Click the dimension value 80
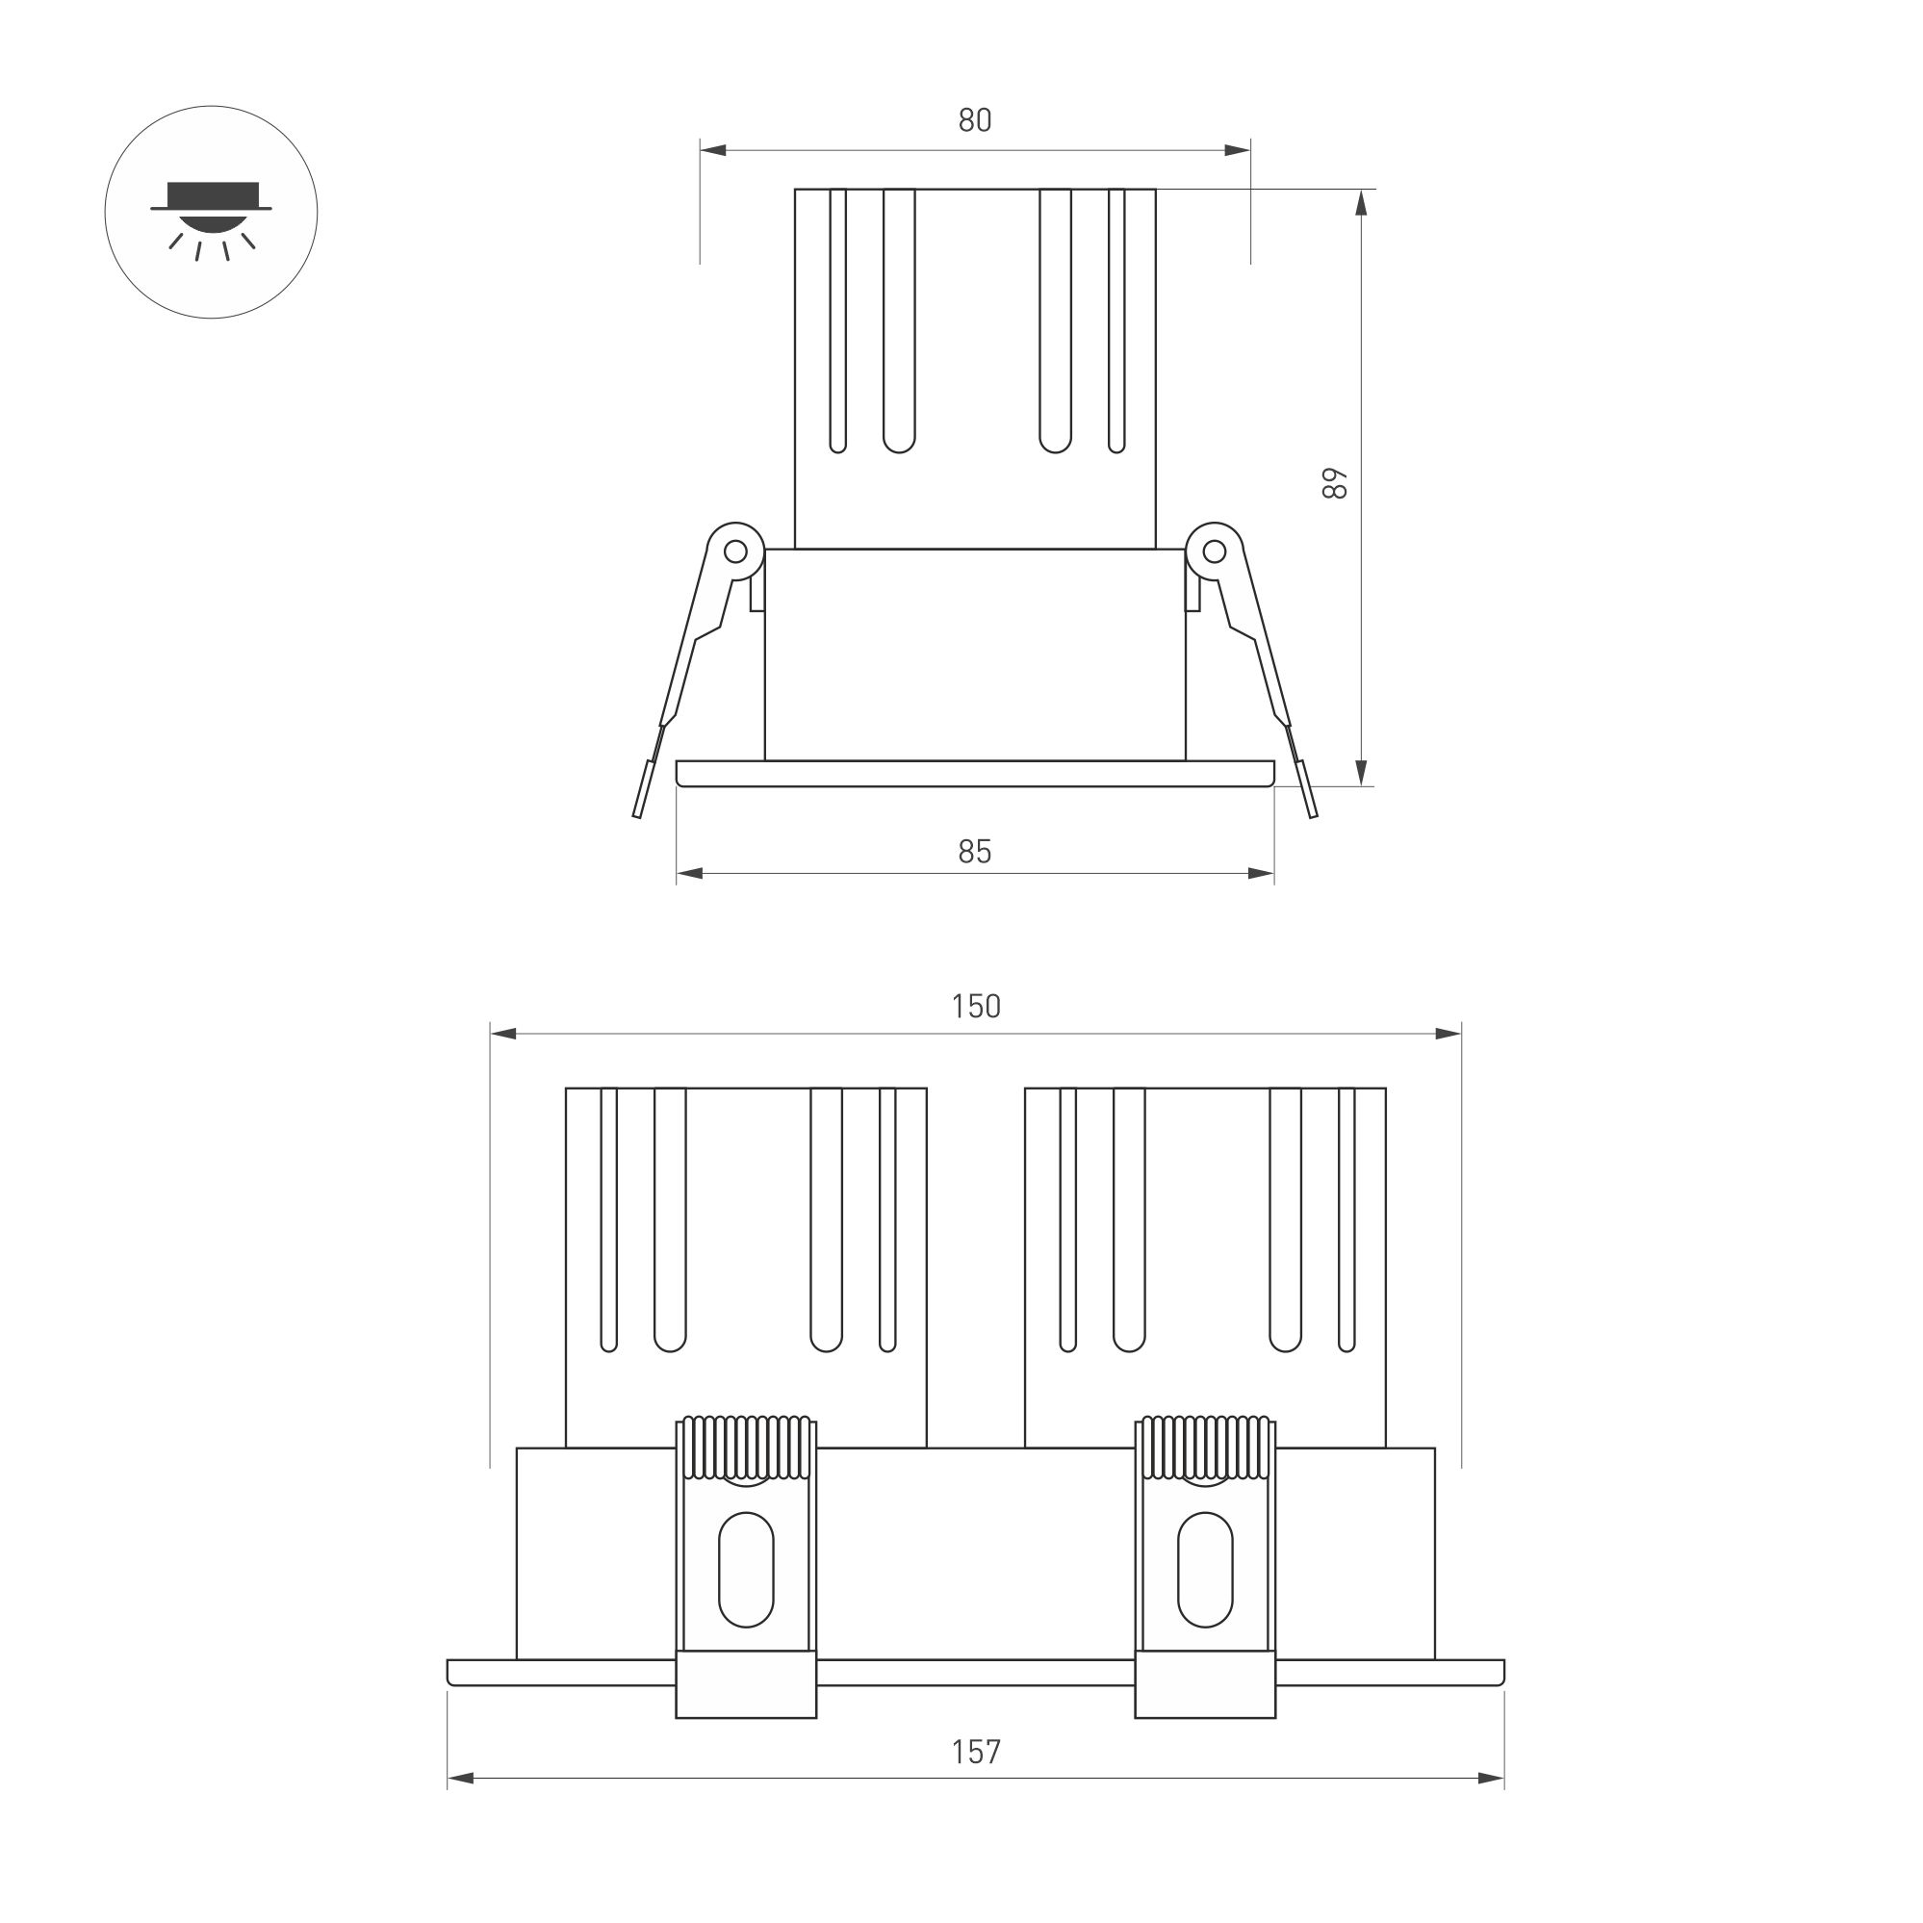pos(974,120)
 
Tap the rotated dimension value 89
pos(1335,484)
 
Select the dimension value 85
pos(974,852)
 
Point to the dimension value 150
pos(974,1008)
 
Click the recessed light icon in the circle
pos(211,214)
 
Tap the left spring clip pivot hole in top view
pos(735,551)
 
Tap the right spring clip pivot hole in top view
pos(1215,551)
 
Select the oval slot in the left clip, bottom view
pos(746,1570)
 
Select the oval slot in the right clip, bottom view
pos(1204,1570)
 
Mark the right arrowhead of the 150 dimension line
pos(1449,1034)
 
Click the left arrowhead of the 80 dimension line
pos(712,150)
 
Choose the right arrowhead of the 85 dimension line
pos(1261,874)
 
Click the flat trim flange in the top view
pos(974,774)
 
